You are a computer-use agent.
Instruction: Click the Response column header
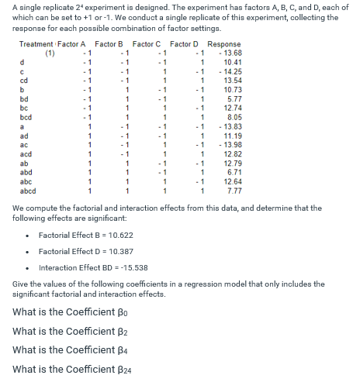click(x=224, y=44)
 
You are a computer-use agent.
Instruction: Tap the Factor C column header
click(x=147, y=44)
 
